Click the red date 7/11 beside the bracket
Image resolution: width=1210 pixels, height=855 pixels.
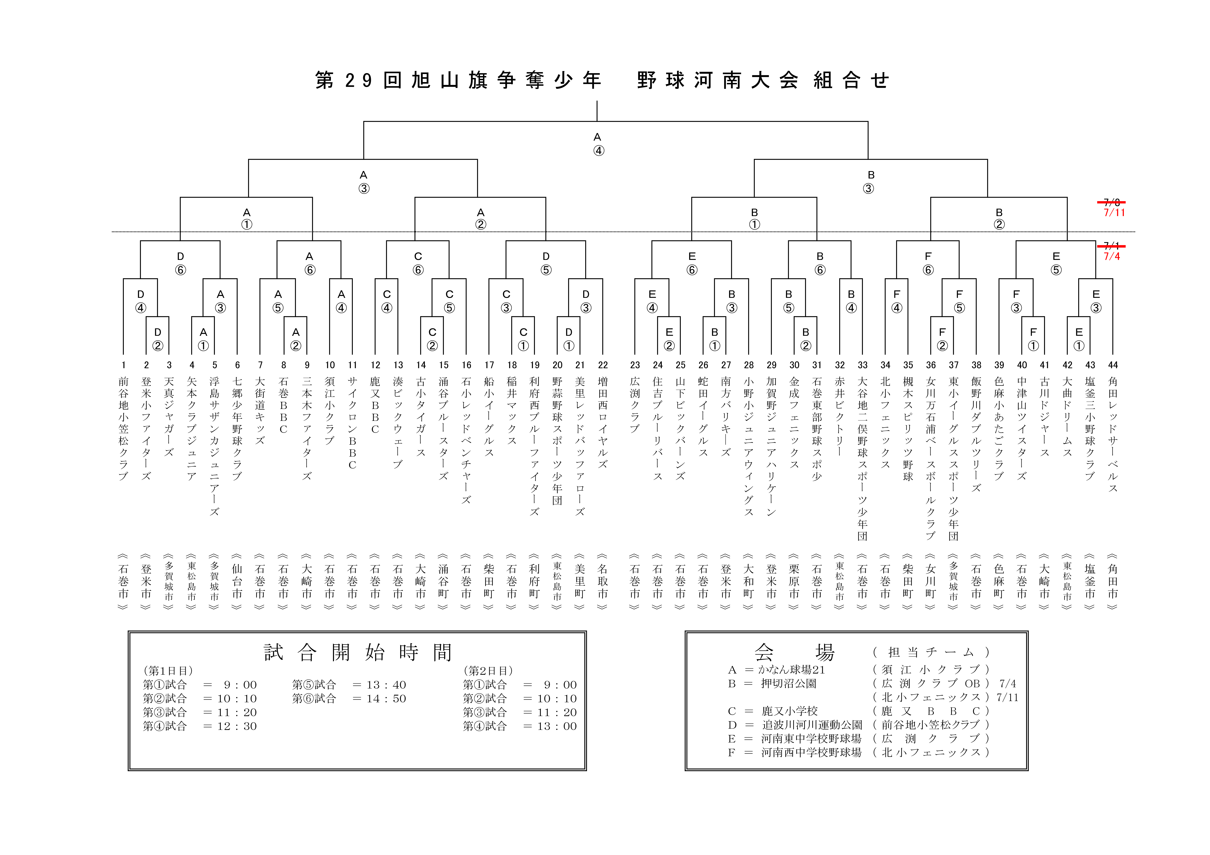1114,213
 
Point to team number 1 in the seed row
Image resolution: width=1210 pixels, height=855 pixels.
123,365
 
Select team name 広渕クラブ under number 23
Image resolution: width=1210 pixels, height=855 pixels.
635,405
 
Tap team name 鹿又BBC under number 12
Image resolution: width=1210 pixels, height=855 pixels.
375,405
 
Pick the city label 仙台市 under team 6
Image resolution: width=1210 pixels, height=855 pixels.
237,581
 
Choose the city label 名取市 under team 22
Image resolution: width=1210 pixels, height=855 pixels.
603,581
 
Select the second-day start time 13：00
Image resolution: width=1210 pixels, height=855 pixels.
550,726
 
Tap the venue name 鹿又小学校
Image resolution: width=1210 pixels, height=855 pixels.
789,711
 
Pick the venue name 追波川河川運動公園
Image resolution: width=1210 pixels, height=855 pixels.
812,725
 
